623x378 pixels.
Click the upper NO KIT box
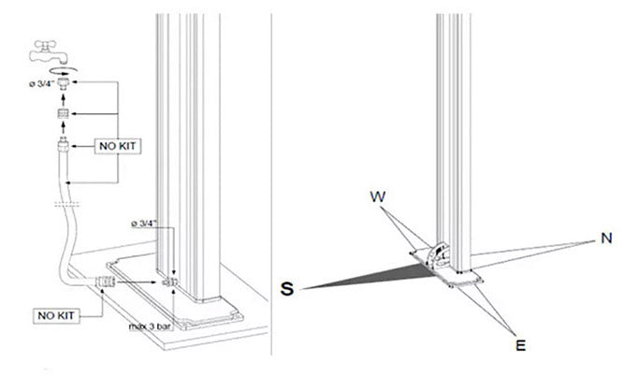[117, 146]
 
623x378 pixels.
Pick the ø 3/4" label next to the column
[150, 225]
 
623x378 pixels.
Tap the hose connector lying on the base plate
[107, 280]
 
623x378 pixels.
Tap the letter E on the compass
[520, 345]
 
